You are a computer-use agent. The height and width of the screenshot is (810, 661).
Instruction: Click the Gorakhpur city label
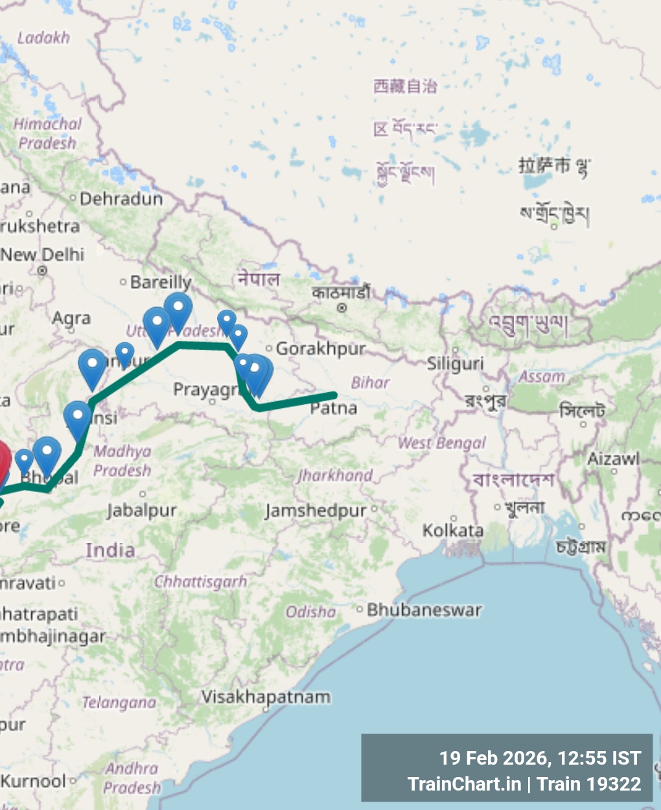pyautogui.click(x=321, y=349)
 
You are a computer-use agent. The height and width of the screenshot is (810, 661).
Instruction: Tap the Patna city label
pyautogui.click(x=333, y=408)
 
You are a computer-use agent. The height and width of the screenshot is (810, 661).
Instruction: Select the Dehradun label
pyautogui.click(x=121, y=199)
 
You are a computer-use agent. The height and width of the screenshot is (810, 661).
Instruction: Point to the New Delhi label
pyautogui.click(x=43, y=255)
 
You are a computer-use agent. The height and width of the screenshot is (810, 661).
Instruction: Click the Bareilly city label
pyautogui.click(x=161, y=282)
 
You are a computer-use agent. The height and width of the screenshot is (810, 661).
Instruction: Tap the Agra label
pyautogui.click(x=71, y=318)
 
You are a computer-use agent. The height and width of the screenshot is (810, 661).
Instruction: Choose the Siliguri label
pyautogui.click(x=455, y=364)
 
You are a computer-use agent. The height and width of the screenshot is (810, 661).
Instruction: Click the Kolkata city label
pyautogui.click(x=453, y=531)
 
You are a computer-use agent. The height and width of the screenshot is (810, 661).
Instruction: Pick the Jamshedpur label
pyautogui.click(x=316, y=511)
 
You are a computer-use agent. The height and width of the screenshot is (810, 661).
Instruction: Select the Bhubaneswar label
pyautogui.click(x=424, y=610)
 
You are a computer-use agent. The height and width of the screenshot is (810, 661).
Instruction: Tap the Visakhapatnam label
pyautogui.click(x=266, y=697)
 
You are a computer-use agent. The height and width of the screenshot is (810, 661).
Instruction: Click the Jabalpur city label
pyautogui.click(x=142, y=511)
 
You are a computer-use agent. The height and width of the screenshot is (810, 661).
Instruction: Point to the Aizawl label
pyautogui.click(x=613, y=459)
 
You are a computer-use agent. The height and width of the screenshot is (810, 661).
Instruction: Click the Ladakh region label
pyautogui.click(x=43, y=38)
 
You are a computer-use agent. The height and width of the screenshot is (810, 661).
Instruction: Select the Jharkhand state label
pyautogui.click(x=335, y=476)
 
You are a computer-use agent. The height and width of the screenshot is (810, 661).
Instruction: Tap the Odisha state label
pyautogui.click(x=311, y=612)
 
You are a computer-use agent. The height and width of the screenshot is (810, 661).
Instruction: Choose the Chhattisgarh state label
pyautogui.click(x=201, y=582)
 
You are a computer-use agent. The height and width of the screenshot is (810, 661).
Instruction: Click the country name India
pyautogui.click(x=110, y=551)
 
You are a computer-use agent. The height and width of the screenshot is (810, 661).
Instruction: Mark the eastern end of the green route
pyautogui.click(x=334, y=395)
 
